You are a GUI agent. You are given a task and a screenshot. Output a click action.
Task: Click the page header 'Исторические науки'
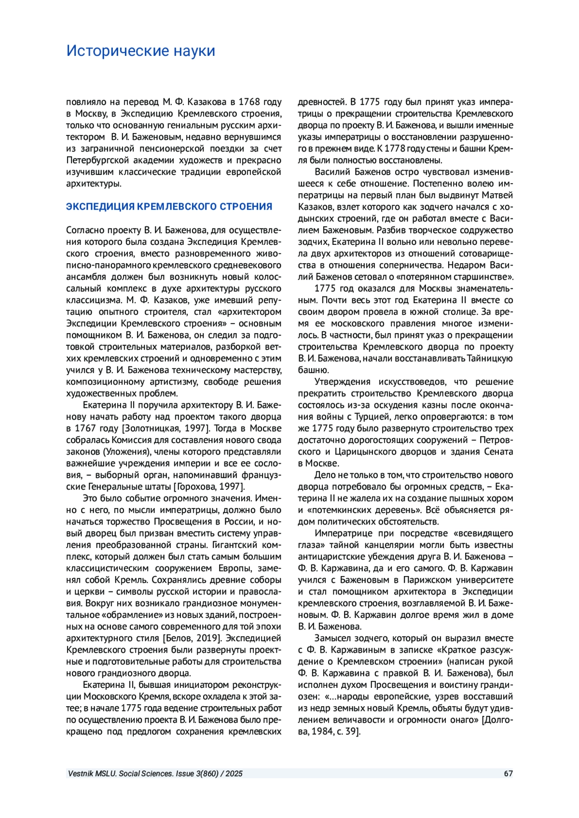(x=140, y=51)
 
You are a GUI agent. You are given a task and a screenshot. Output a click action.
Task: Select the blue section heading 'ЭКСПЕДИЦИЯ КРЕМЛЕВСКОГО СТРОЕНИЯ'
(x=169, y=207)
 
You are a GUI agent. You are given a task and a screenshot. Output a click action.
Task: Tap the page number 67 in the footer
(x=508, y=774)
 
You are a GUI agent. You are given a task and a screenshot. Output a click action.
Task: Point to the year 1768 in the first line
(x=250, y=102)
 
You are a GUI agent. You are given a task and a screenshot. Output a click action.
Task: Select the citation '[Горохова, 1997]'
(x=209, y=486)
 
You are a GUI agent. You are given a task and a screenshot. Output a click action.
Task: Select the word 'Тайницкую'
(x=490, y=358)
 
